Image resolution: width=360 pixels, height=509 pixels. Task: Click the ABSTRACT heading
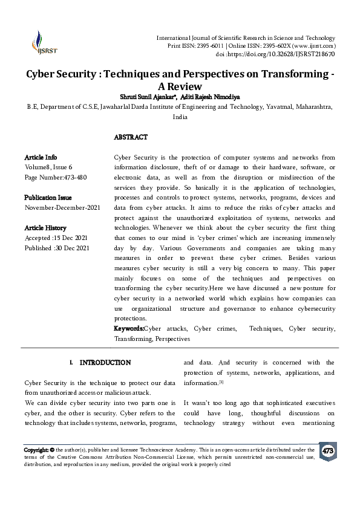pyautogui.click(x=131, y=137)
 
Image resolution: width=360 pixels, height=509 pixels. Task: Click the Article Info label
pyautogui.click(x=41, y=157)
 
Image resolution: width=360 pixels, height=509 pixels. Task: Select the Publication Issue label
pyautogui.click(x=48, y=198)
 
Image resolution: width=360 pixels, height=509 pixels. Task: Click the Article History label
pyautogui.click(x=45, y=228)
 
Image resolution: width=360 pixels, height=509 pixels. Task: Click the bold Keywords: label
pyautogui.click(x=129, y=328)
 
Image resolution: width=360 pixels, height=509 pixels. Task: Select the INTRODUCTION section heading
pyautogui.click(x=105, y=363)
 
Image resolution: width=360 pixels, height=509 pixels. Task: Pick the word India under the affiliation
pyautogui.click(x=180, y=117)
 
